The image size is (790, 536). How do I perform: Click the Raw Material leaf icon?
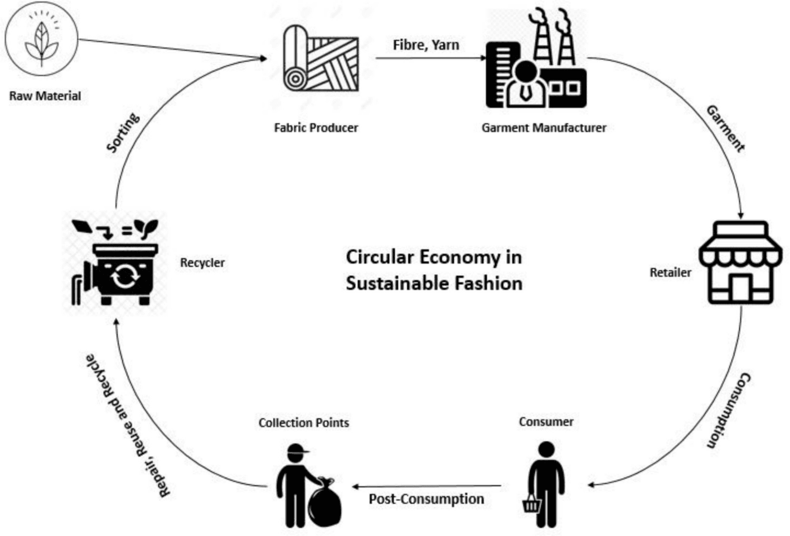point(41,42)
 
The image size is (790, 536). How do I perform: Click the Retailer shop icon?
point(740,262)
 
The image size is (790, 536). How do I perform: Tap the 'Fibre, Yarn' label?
point(426,45)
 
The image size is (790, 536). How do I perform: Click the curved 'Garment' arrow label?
point(725,129)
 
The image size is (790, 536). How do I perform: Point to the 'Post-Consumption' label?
point(426,499)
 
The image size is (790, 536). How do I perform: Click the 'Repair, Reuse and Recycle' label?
point(127,426)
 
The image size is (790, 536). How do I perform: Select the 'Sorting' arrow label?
point(123,133)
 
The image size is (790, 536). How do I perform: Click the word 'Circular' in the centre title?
point(379,257)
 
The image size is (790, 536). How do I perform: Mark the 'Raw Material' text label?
point(45,96)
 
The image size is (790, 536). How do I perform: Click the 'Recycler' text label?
point(202,262)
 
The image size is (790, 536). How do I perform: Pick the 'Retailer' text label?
point(670,272)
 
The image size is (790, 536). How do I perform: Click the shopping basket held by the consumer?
point(531,505)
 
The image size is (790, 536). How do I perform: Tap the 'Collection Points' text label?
point(303,423)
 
